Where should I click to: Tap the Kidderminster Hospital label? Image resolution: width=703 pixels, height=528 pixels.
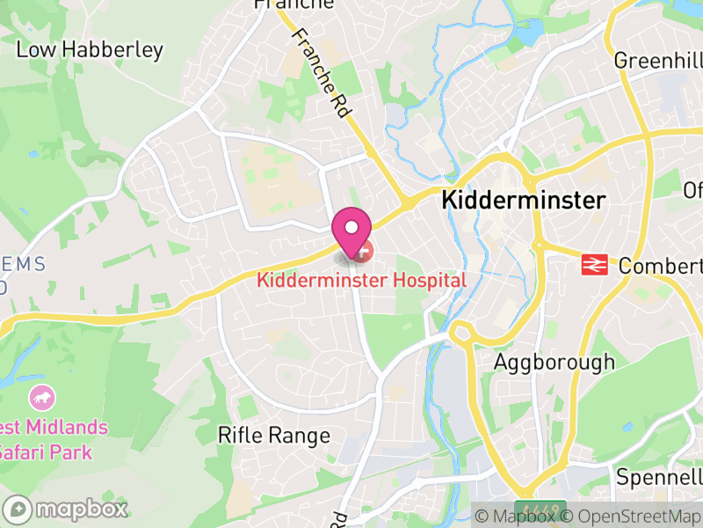(361, 281)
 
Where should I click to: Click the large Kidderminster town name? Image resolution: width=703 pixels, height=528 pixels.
(523, 201)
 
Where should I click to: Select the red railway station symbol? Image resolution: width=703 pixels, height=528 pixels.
(595, 264)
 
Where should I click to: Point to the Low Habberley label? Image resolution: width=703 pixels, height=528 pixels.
(90, 49)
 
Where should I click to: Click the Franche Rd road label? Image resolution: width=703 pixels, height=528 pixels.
(323, 75)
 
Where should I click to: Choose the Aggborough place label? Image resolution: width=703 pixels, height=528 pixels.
(554, 362)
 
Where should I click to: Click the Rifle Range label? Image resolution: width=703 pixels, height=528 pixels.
(274, 435)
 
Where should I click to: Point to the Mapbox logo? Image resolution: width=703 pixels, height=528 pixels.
(67, 509)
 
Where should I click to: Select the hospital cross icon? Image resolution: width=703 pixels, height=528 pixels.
(363, 251)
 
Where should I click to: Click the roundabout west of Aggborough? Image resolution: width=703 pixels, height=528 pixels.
(462, 334)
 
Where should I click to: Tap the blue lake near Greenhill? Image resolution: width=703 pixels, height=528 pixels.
(531, 32)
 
